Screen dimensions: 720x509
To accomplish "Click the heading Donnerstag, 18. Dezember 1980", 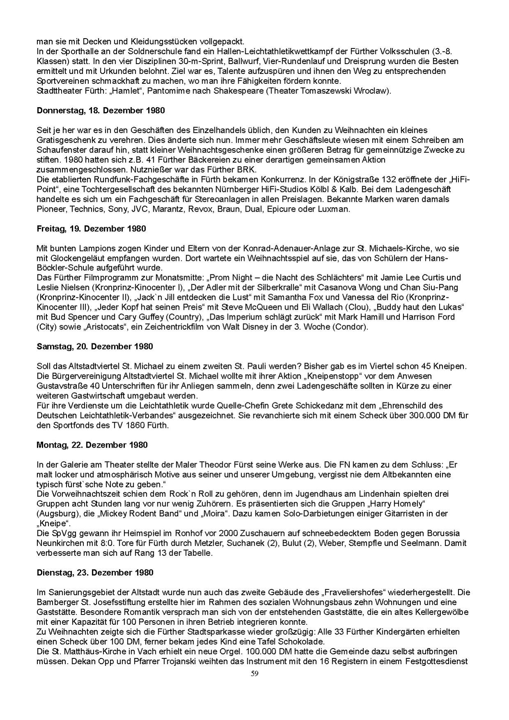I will [101, 110].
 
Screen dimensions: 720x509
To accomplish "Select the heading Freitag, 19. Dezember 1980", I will [91, 229].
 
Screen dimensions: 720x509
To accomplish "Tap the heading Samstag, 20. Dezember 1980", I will [94, 347].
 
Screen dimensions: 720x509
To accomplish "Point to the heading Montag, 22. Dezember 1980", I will [92, 445].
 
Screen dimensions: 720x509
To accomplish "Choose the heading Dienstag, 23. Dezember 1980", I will [95, 573].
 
